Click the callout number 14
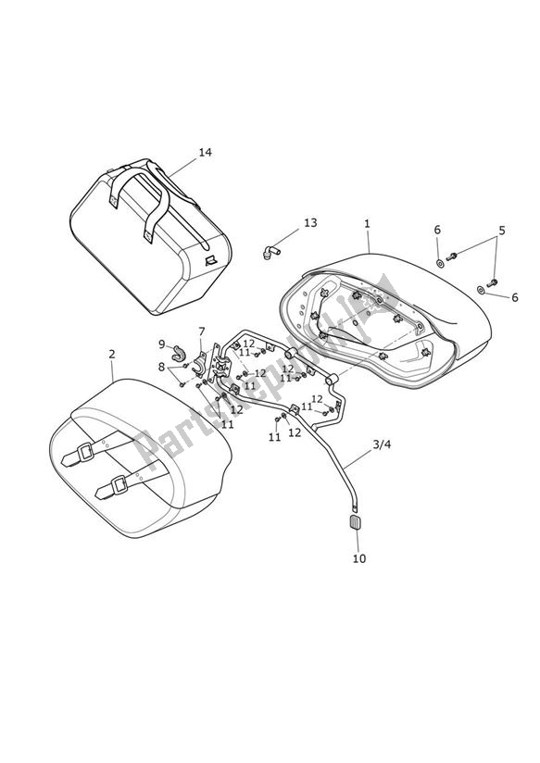(x=204, y=152)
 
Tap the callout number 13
(x=309, y=222)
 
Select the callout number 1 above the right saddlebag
(x=367, y=223)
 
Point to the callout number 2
(x=112, y=354)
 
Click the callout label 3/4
(x=382, y=444)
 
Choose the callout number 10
(x=358, y=558)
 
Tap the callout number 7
(x=201, y=331)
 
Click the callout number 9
(x=160, y=344)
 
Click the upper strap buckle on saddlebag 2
(x=88, y=453)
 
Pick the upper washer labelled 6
(x=439, y=264)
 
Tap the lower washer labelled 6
(x=481, y=290)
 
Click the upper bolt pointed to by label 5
(x=453, y=256)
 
